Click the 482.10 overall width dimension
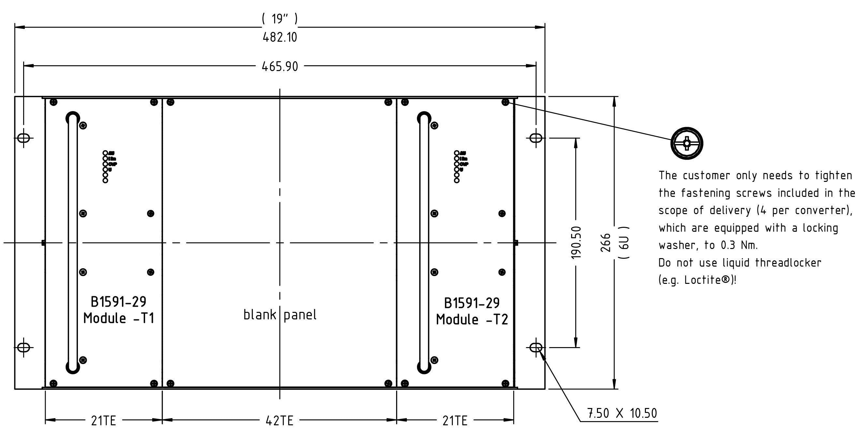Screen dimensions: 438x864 tap(280, 37)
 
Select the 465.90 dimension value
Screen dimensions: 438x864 tap(280, 66)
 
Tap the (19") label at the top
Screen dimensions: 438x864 tap(280, 19)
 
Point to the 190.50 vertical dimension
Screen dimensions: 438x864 tap(576, 242)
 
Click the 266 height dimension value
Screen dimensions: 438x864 tap(606, 242)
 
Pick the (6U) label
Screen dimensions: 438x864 tap(623, 242)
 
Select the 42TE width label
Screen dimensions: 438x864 tap(279, 420)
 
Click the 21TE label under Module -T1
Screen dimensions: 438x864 tap(103, 420)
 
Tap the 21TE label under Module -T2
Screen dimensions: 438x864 tap(455, 420)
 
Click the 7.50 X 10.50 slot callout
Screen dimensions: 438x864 tap(622, 413)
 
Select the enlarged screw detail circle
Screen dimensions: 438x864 tap(687, 143)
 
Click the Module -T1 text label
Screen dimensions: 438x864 tap(119, 318)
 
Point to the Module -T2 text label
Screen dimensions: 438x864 tap(471, 320)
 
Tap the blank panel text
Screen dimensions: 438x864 tap(280, 315)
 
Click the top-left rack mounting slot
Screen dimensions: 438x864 tap(23, 138)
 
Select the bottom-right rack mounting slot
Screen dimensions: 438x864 tap(536, 347)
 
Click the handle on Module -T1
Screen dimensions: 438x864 tap(73, 242)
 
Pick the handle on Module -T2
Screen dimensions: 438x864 tap(424, 242)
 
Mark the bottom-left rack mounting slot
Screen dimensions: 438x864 tap(23, 347)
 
